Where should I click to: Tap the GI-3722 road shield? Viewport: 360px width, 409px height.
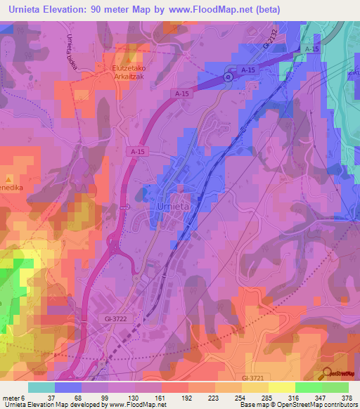tap(112, 319)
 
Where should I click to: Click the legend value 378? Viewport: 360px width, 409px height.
tap(347, 397)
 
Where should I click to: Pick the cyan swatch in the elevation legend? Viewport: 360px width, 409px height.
tap(41, 387)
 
